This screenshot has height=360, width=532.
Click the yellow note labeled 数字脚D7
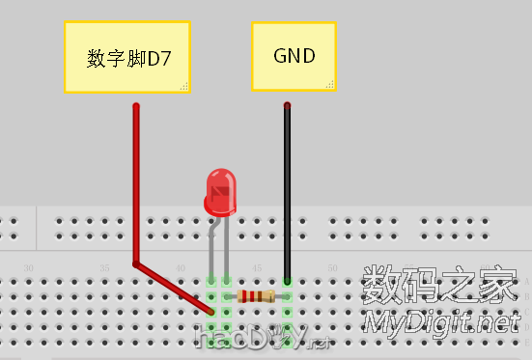point(126,58)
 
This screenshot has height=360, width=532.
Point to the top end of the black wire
point(287,105)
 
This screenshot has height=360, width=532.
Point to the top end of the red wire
point(136,106)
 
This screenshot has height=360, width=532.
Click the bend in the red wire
point(136,263)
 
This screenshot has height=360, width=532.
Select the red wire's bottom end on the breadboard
point(211,312)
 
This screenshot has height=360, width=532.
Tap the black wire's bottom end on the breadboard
point(287,281)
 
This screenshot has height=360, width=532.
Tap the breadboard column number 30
point(29,267)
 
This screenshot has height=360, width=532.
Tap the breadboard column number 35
point(104,267)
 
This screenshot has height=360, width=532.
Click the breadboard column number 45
point(256,267)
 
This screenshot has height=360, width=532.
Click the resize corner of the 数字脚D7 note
point(182,87)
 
